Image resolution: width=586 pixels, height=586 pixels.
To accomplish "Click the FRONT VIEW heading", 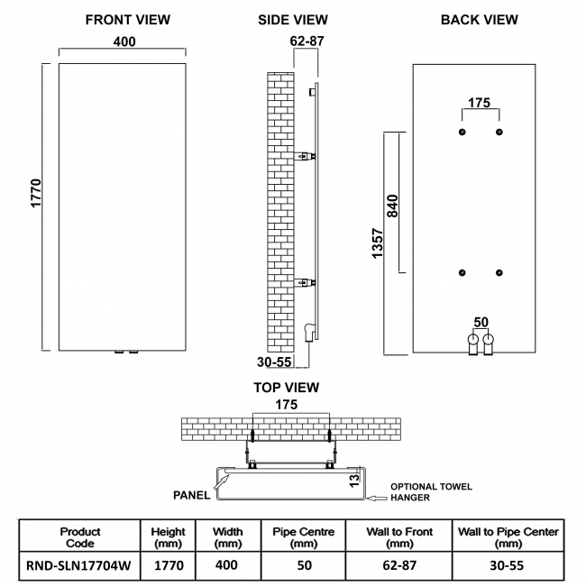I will click(x=127, y=20).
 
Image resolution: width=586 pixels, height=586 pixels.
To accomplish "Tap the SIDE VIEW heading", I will click(x=293, y=20).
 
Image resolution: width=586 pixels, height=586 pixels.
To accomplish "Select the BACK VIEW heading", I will click(x=479, y=20).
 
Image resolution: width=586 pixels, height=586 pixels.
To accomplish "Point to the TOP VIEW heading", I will click(x=287, y=389).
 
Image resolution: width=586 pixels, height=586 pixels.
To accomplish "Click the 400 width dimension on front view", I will click(x=124, y=41).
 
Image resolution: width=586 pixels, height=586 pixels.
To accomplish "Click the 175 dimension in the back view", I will click(x=480, y=103).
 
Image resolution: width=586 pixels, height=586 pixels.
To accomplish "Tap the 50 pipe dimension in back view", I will click(x=480, y=321).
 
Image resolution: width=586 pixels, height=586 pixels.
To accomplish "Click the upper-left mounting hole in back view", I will click(x=462, y=132).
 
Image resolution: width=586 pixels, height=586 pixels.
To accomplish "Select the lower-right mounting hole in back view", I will click(x=499, y=272).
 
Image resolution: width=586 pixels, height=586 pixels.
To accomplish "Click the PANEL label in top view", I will click(x=191, y=495).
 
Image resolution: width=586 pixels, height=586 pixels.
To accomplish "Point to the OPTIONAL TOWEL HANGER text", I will click(x=430, y=492).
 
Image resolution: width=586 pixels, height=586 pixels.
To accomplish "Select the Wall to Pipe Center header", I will click(x=508, y=537).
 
